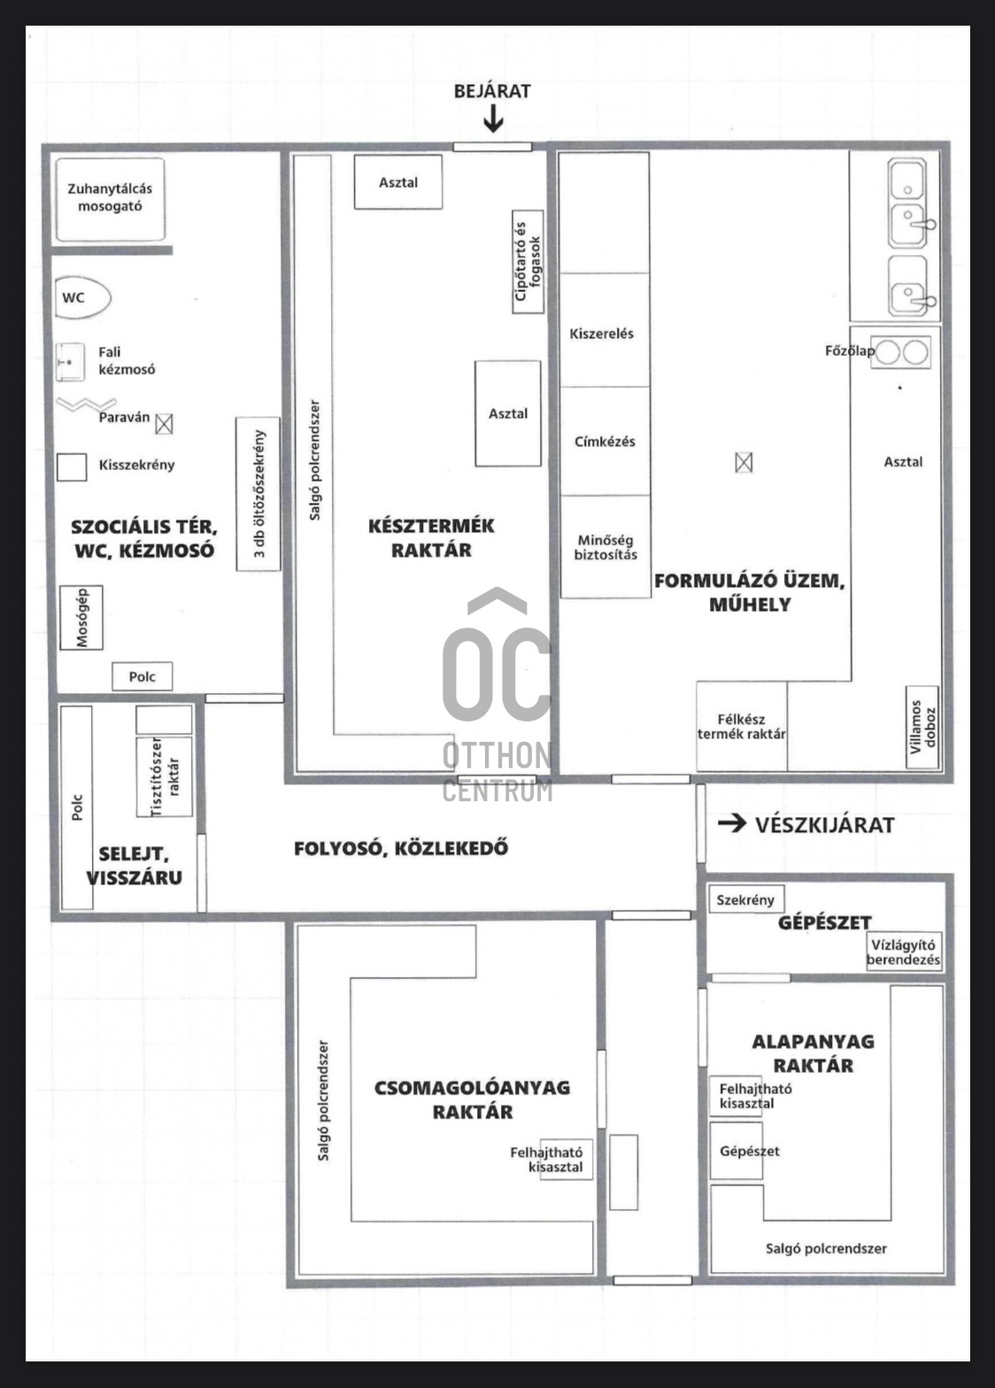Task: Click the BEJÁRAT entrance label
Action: [x=492, y=91]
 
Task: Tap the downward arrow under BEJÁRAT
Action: [x=493, y=120]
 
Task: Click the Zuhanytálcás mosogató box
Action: [x=110, y=199]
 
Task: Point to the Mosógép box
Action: [x=81, y=617]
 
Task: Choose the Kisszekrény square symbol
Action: [x=72, y=467]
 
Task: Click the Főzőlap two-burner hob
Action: [x=901, y=352]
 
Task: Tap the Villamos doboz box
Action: [x=922, y=726]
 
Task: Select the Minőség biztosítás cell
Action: [x=605, y=547]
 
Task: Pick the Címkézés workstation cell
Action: [x=605, y=441]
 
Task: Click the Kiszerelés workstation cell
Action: [x=602, y=334]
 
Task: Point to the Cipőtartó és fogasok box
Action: [x=528, y=262]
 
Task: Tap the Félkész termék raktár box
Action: [x=741, y=726]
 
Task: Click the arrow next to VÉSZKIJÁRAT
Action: [x=731, y=824]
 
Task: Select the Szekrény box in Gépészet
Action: [x=745, y=899]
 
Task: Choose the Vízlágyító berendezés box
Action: [x=903, y=952]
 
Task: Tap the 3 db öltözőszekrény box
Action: [x=258, y=494]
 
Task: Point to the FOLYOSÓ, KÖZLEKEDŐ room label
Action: [x=401, y=848]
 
